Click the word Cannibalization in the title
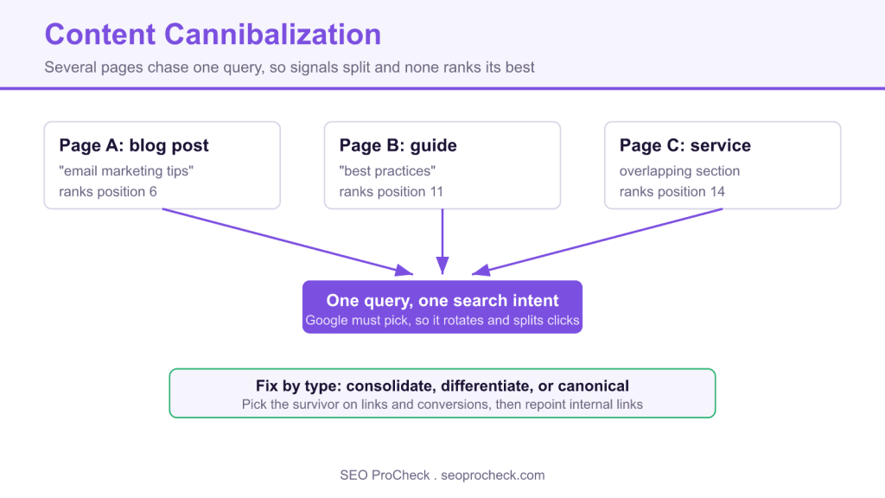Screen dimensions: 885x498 point(272,35)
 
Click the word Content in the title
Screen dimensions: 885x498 point(100,35)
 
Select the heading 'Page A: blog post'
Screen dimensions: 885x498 point(134,145)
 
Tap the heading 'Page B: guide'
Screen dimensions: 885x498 point(398,145)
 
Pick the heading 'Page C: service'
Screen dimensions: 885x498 point(685,145)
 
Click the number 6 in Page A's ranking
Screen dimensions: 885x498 point(153,192)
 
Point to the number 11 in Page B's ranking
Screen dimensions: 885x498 point(436,192)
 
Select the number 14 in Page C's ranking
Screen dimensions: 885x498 point(717,192)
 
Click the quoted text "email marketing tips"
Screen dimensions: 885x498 point(126,171)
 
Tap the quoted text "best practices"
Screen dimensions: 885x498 point(387,171)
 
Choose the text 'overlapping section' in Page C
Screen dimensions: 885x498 point(679,171)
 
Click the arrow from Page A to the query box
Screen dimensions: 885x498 point(288,242)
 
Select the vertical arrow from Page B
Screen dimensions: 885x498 point(442,242)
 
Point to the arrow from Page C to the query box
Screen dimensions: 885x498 point(596,242)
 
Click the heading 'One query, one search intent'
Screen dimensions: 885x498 point(442,300)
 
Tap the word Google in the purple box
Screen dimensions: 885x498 point(327,321)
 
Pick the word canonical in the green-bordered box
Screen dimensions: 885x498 point(593,386)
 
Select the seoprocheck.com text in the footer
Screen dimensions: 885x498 point(493,476)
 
